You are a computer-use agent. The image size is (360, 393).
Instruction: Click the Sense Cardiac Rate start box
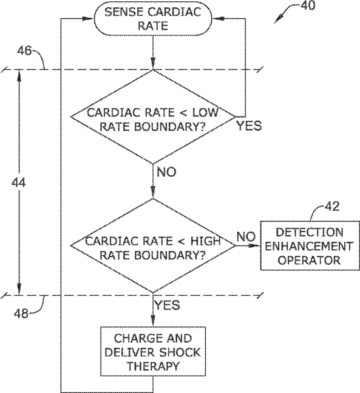point(153,18)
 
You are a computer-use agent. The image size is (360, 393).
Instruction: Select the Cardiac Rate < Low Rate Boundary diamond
point(153,117)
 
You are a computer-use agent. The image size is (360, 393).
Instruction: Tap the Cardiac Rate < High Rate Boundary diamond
point(153,245)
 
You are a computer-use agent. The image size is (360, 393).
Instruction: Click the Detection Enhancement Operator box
point(310,245)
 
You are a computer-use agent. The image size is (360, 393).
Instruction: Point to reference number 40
point(308,5)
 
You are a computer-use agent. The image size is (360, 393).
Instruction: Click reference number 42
point(332,207)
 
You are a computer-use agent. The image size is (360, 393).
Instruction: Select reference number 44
point(19,183)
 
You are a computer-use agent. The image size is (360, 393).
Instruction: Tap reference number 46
point(24,50)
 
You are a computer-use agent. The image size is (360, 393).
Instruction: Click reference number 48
point(21,313)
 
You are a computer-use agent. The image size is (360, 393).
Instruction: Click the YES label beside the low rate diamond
point(250,126)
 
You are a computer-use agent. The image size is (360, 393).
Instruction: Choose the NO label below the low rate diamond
point(166,172)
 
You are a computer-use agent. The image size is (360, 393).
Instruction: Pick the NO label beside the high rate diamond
point(246,237)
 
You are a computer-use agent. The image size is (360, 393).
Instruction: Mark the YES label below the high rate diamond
point(167,305)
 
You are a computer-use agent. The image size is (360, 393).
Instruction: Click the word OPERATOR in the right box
point(310,260)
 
